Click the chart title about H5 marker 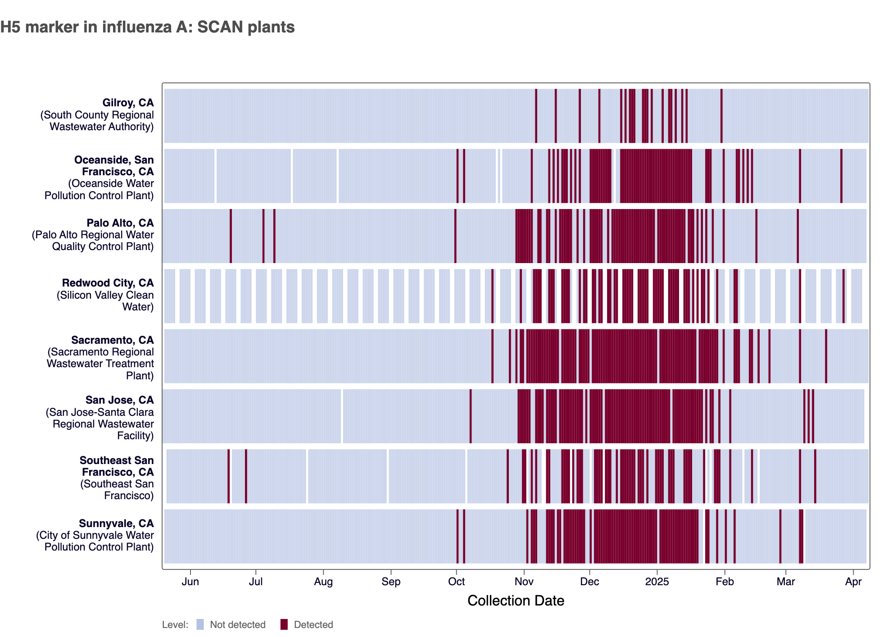click(147, 27)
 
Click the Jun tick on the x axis click(190, 582)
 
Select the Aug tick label click(323, 582)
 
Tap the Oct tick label click(456, 582)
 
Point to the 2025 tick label click(657, 582)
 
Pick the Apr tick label click(853, 582)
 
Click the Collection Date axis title click(516, 601)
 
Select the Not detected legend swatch click(200, 624)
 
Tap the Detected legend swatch click(284, 624)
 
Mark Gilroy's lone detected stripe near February click(721, 116)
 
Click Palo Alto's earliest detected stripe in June click(231, 236)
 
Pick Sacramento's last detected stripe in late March click(826, 356)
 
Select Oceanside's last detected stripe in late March click(841, 176)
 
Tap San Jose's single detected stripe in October click(471, 416)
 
